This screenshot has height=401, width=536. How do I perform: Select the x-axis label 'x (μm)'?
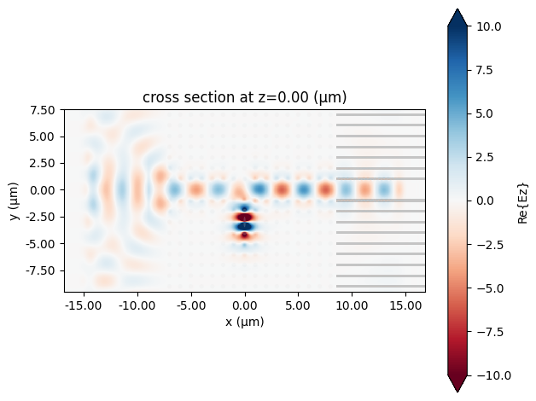(245, 323)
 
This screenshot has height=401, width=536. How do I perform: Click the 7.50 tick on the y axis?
(44, 110)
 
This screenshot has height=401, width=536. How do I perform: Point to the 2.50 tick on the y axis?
(44, 163)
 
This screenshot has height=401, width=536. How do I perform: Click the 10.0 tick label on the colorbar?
(488, 26)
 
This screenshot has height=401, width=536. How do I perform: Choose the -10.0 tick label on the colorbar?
(491, 374)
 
